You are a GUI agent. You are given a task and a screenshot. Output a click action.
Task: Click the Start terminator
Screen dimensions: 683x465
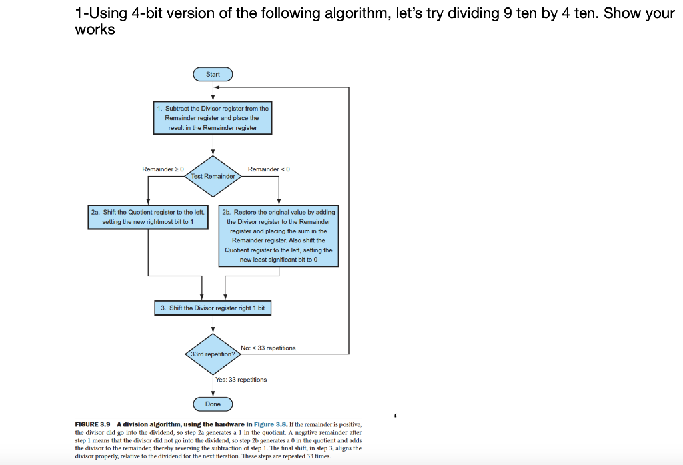click(213, 75)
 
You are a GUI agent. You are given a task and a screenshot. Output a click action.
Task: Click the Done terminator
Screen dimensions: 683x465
click(213, 404)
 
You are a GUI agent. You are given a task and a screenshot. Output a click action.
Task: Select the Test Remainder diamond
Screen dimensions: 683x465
click(213, 176)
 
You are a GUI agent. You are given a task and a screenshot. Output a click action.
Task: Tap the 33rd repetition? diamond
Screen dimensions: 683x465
click(213, 354)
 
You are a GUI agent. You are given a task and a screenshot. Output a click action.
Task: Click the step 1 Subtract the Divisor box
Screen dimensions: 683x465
click(213, 118)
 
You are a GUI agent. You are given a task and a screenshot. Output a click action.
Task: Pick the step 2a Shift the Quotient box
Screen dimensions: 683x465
click(148, 217)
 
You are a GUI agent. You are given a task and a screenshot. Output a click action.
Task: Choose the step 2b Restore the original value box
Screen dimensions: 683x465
click(279, 236)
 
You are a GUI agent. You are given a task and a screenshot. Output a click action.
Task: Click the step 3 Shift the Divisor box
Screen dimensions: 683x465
click(213, 308)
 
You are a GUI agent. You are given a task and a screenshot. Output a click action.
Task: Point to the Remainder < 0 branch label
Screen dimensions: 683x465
click(269, 169)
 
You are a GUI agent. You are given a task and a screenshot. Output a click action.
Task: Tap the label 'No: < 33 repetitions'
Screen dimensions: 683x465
click(268, 348)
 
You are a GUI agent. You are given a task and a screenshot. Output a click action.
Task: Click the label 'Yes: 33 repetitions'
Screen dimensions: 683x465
click(241, 380)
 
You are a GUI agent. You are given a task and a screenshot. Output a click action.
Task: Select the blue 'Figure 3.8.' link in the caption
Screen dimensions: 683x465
click(271, 424)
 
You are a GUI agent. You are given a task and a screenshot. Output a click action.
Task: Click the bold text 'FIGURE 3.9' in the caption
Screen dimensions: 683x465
click(92, 424)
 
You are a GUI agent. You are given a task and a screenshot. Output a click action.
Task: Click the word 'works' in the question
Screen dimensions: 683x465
click(95, 29)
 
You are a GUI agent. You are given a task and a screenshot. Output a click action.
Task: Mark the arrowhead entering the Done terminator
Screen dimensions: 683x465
click(213, 394)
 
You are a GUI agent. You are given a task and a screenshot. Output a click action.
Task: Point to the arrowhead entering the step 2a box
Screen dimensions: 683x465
click(148, 202)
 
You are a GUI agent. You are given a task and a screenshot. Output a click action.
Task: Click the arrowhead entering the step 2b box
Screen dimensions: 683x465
click(279, 202)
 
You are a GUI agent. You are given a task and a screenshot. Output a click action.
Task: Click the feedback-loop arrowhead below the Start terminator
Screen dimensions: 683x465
click(217, 87)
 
